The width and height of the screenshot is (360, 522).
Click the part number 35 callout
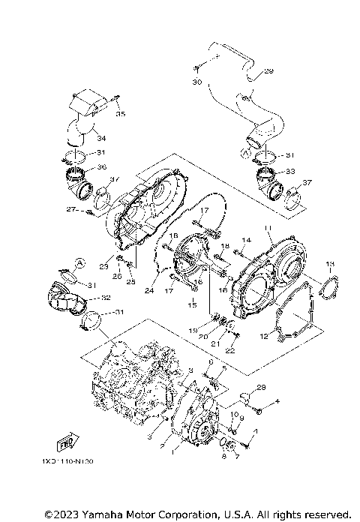click(121, 114)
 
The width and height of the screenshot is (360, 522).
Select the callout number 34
click(101, 138)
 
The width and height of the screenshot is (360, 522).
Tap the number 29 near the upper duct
click(269, 72)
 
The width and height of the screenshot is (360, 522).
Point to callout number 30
click(197, 80)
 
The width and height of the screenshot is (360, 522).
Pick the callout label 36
click(102, 167)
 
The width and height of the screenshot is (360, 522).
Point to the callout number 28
click(262, 388)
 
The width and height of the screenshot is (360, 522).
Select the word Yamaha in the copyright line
click(98, 514)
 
